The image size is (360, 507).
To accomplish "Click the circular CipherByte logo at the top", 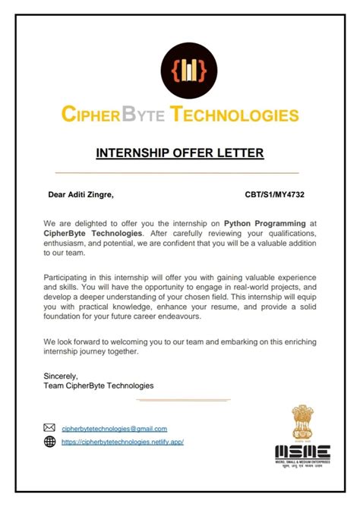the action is pyautogui.click(x=180, y=69).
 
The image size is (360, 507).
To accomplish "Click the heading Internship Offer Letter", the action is pyautogui.click(x=180, y=153).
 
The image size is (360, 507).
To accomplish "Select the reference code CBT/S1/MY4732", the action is pyautogui.click(x=275, y=195).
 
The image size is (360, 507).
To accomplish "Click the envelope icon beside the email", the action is pyautogui.click(x=50, y=428).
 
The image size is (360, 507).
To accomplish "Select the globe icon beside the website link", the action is pyautogui.click(x=50, y=441).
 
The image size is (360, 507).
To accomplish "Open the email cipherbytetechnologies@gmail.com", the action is pyautogui.click(x=114, y=429).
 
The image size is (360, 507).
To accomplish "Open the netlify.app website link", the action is pyautogui.click(x=122, y=442).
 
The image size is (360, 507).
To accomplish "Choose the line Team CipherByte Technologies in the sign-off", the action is pyautogui.click(x=99, y=386).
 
